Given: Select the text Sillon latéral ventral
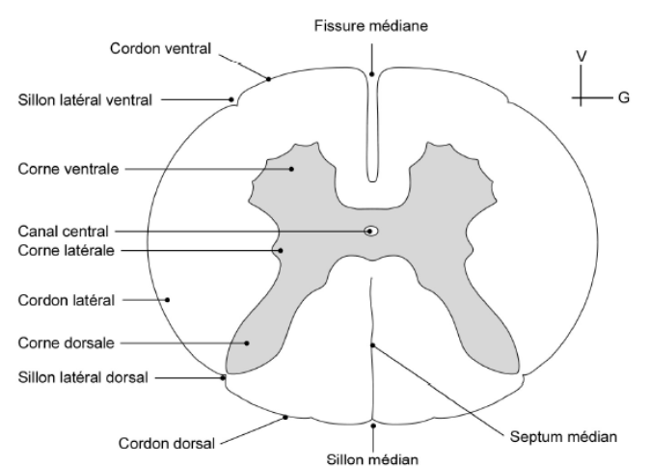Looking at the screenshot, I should coord(85,98).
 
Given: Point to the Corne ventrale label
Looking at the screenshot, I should coord(68,168).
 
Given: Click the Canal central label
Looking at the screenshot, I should coord(64,232).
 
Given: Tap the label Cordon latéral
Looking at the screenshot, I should coord(67,300).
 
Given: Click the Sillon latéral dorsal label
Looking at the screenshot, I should coord(83,377).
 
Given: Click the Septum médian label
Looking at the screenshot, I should coord(560,435).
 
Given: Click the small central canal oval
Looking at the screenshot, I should coord(371,231).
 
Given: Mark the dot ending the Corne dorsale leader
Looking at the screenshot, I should coord(247,343).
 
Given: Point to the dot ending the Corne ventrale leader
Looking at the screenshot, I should coord(290,168).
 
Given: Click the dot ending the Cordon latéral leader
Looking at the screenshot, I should coord(168,299).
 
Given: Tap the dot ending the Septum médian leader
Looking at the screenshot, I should coord(372,343).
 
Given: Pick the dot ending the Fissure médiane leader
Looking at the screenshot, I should coord(372,73).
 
